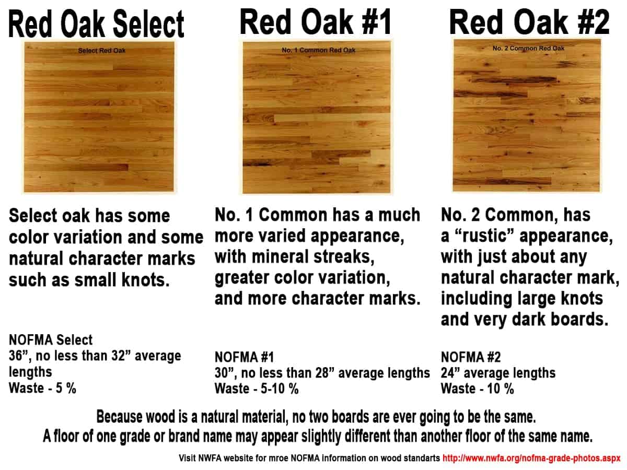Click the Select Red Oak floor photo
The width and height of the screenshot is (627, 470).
pos(99,118)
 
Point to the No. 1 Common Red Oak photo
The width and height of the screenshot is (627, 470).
pos(316,118)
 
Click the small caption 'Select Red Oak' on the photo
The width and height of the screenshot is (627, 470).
pos(102,51)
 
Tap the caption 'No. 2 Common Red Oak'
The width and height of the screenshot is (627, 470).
pos(528,48)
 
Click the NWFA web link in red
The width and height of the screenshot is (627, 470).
pos(531,458)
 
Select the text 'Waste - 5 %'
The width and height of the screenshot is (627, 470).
pos(43,389)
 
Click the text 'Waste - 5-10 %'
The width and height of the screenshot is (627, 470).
pos(257,389)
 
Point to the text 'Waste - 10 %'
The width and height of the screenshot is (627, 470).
pos(477,389)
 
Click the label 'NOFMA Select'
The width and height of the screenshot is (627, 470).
pos(51,340)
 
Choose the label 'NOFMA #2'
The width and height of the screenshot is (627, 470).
pos(471,358)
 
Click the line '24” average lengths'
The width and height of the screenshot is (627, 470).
pos(498,373)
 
